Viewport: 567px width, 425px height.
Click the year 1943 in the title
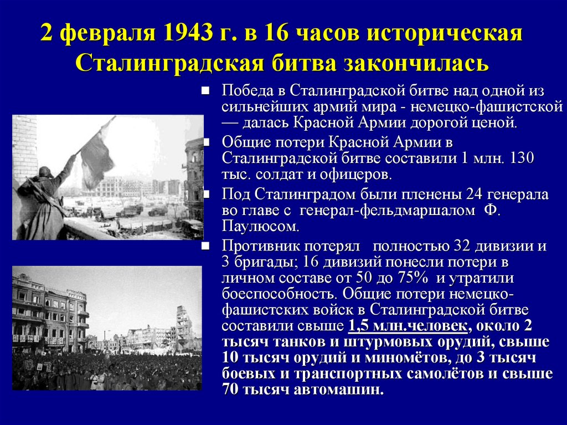187,33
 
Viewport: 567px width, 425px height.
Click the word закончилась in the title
416,63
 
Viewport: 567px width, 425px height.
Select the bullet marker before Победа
205,90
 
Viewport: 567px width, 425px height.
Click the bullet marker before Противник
205,246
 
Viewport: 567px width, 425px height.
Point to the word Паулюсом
260,226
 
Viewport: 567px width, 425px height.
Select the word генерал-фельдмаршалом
387,211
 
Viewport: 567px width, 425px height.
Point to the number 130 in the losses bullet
522,158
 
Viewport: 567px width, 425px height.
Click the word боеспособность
280,294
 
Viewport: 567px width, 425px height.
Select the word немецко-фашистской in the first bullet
487,107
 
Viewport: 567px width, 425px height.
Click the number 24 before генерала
474,194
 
